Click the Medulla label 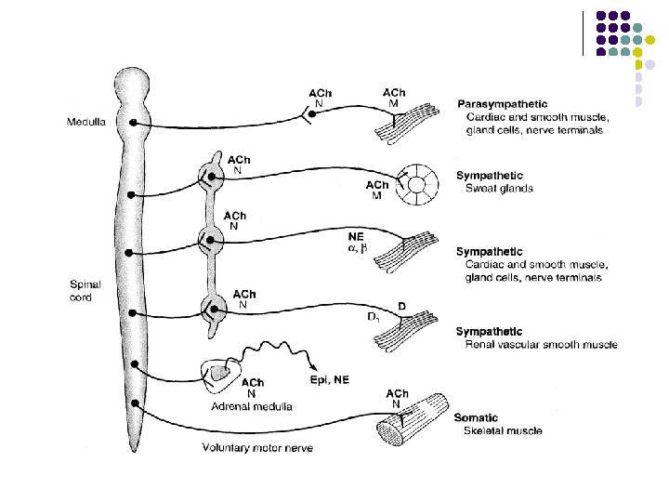pos(85,122)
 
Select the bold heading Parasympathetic pos(502,104)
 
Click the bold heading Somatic pos(477,418)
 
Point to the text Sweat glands pos(499,189)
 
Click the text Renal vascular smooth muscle pos(541,345)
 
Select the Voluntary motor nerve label pos(257,448)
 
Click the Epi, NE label pos(331,379)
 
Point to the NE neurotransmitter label pos(355,236)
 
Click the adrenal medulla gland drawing pos(221,375)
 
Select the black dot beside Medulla pos(135,122)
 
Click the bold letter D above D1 pos(400,306)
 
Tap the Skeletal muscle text pos(504,431)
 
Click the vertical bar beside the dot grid pos(584,33)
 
